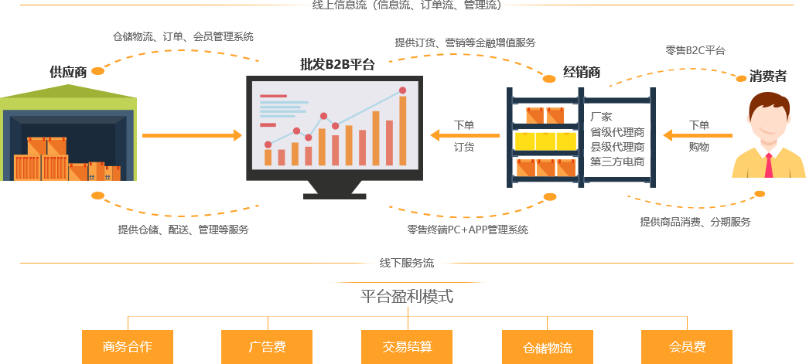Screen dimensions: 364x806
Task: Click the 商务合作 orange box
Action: click(128, 347)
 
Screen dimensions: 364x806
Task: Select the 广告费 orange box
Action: click(267, 347)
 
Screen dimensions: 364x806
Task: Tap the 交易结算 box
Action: click(407, 347)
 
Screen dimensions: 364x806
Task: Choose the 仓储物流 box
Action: click(548, 347)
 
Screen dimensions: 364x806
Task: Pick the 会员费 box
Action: click(687, 347)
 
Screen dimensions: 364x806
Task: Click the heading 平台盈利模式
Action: click(407, 296)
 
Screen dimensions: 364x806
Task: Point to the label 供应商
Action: click(68, 72)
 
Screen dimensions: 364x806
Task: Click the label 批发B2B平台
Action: click(337, 64)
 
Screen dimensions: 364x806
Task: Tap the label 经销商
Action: click(582, 73)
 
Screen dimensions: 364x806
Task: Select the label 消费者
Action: click(767, 76)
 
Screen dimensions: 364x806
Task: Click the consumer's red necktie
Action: click(768, 165)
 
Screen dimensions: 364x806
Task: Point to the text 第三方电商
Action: click(617, 162)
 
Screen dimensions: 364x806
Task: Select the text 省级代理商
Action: click(617, 132)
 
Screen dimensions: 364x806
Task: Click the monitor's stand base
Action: click(335, 196)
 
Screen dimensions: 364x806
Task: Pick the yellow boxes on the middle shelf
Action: click(545, 141)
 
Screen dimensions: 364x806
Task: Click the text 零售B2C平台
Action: click(695, 50)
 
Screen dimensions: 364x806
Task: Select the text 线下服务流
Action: click(407, 263)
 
